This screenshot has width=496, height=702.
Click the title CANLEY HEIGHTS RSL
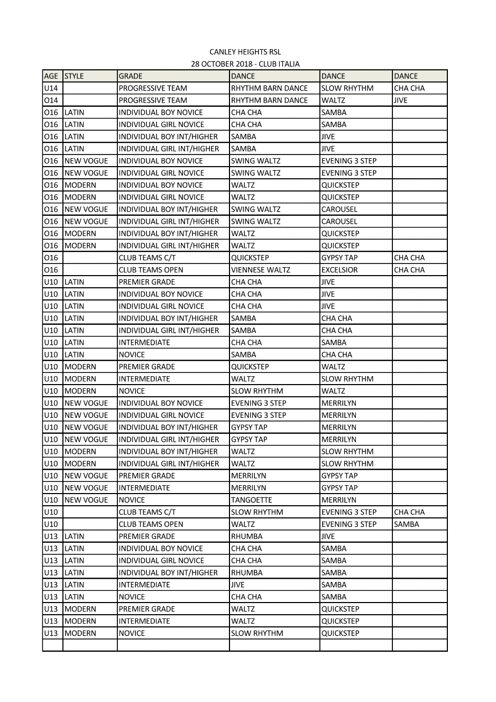[x=245, y=52]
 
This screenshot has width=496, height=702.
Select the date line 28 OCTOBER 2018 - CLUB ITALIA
[x=245, y=64]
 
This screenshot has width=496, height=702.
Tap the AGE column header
[x=51, y=76]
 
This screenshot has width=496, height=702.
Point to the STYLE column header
[x=74, y=76]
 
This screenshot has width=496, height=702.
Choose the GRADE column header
[x=131, y=76]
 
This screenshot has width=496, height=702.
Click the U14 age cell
[x=51, y=88]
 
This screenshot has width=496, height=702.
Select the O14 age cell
[x=51, y=101]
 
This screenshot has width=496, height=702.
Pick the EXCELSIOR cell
[x=339, y=270]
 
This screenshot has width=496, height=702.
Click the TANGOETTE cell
[x=252, y=500]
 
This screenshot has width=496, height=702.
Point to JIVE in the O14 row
[x=401, y=101]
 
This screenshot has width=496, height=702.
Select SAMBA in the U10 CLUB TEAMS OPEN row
[x=407, y=524]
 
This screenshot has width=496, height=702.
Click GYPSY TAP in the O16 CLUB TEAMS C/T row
[x=339, y=258]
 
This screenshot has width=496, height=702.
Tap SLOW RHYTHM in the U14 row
[x=347, y=88]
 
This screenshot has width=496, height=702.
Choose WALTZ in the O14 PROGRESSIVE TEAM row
[x=333, y=101]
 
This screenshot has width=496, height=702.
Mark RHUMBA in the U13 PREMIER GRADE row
[x=247, y=536]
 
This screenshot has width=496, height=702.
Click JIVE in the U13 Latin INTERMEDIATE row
[x=238, y=585]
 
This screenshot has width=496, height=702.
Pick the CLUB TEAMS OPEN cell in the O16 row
[x=151, y=270]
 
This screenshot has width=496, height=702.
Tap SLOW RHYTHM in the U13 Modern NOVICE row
[x=257, y=633]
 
